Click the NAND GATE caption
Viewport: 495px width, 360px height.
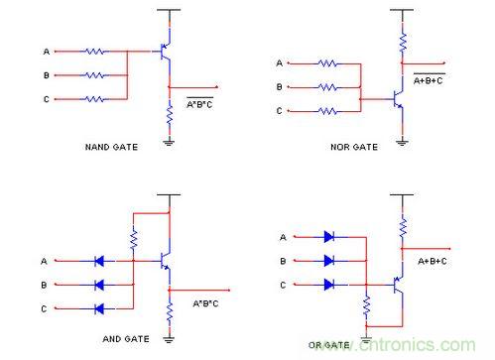(111, 147)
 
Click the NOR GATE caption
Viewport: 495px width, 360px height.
(354, 147)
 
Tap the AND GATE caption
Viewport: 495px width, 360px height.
(126, 339)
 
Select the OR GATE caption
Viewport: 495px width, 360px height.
(329, 345)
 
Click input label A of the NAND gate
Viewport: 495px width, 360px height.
(47, 52)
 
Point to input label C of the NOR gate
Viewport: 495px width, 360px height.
(280, 111)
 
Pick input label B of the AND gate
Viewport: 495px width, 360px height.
(44, 285)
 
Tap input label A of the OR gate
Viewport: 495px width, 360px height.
(283, 237)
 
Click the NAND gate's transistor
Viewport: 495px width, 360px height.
(165, 52)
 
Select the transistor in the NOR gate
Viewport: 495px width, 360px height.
(398, 99)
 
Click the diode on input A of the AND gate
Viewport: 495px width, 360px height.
(99, 261)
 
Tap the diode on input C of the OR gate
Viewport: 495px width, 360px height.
(328, 285)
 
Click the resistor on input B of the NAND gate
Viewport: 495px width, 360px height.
(94, 75)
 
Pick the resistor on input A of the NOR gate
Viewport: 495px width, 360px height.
(327, 63)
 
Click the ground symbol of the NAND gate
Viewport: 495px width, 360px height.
(169, 143)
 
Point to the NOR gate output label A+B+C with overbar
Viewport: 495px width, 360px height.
(429, 79)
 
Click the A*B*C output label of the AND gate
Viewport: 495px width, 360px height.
(205, 303)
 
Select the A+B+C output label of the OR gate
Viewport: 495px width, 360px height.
(433, 261)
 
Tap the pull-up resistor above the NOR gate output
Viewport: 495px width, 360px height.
(403, 43)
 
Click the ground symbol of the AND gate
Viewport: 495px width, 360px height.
(169, 339)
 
